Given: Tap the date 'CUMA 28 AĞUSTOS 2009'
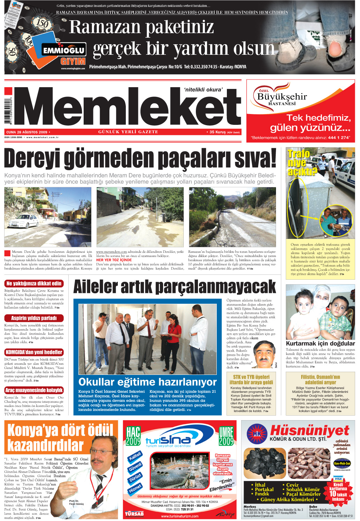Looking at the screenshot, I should pos(27,132).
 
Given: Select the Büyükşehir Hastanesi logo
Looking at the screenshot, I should pos(281,95).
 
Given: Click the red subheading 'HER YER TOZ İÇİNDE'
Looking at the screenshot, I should pos(114,260).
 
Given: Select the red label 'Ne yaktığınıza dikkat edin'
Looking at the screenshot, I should pos(34,284).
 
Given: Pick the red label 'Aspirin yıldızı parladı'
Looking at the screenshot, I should pos(34,318).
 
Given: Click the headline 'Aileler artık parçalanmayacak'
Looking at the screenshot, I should pos(174,287).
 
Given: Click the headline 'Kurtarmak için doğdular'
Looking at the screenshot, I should pos(320,343).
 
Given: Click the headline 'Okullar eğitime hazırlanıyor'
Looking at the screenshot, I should pos(147,382).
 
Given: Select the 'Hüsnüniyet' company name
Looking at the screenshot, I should pos(309,431).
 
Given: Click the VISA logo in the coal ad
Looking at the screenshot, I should pos(338,479).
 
